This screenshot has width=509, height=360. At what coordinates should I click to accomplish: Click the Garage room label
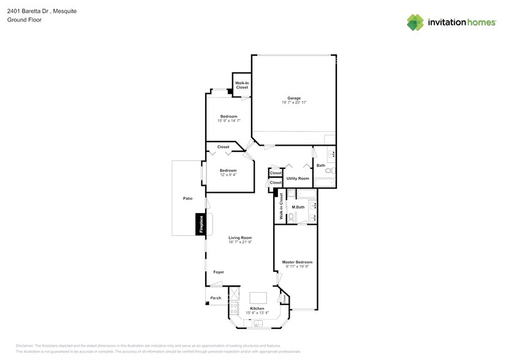294,98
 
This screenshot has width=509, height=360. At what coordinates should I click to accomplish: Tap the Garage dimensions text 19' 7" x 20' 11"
294,103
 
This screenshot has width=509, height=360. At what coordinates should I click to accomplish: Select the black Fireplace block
200,224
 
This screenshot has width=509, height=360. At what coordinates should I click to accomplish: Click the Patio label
187,199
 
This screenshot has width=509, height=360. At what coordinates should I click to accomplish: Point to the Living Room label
240,238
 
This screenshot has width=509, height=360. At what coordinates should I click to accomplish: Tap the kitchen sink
258,323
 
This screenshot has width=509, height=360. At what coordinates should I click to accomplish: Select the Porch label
216,298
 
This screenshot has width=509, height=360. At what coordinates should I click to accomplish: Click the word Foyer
219,272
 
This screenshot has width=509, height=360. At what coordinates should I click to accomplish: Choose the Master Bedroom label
297,262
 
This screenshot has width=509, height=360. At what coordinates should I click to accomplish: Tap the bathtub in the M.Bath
306,195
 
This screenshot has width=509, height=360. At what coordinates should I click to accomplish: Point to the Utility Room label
298,178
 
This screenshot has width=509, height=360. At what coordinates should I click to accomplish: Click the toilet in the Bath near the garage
328,170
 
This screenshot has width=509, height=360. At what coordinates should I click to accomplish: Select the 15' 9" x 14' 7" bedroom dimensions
228,121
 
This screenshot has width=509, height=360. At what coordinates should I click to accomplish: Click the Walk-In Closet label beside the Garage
242,85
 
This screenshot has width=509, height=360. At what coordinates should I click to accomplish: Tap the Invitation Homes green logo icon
415,22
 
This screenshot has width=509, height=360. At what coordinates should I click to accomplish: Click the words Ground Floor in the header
21,20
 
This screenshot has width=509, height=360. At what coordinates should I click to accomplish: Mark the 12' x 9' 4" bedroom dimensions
228,174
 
